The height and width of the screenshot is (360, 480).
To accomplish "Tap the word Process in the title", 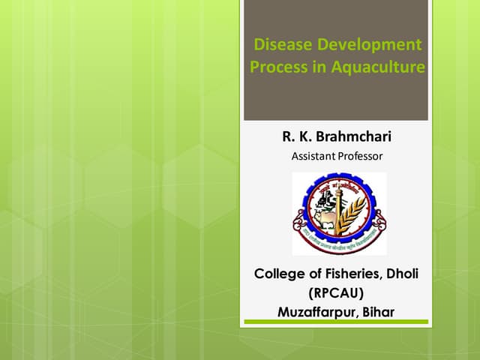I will [x=275, y=67].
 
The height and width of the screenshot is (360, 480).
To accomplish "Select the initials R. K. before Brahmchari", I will [x=297, y=136].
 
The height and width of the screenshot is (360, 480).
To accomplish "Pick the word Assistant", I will [x=313, y=156].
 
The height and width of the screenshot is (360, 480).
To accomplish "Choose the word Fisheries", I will [x=349, y=274].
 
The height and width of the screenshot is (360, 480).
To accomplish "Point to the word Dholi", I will [x=401, y=274].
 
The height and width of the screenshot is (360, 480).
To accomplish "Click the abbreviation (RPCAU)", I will [x=336, y=292].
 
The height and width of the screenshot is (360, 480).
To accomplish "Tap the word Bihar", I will [x=378, y=310].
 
